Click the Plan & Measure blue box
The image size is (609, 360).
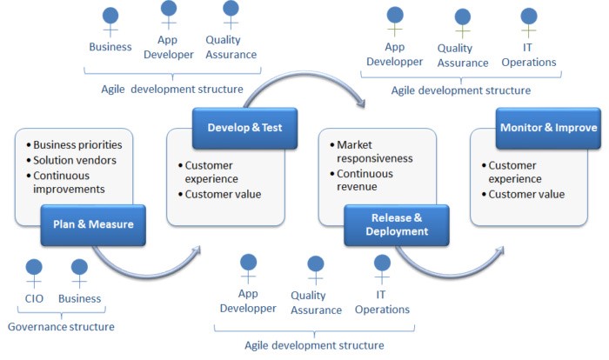93,225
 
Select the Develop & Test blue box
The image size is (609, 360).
244,128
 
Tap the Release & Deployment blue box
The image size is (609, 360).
397,225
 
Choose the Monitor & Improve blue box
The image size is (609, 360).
548,128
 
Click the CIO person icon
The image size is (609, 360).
34,273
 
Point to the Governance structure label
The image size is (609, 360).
61,327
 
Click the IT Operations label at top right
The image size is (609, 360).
529,55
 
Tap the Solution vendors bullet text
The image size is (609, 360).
75,160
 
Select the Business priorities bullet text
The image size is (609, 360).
77,145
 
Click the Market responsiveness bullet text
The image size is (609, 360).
374,151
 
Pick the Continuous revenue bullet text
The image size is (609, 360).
365,180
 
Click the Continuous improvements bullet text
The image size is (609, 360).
69,183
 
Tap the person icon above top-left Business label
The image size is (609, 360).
110,23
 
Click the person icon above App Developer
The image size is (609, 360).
169,15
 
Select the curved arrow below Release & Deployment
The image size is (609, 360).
451,273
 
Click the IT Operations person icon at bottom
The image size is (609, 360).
382,269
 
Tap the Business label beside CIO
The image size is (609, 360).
80,298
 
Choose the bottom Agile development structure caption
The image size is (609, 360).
314,345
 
